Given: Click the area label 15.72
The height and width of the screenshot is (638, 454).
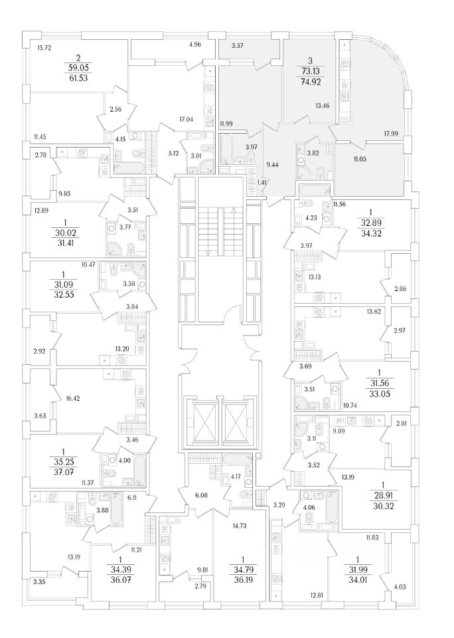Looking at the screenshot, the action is point(45,47).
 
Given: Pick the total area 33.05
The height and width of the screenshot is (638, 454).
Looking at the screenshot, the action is point(381,394).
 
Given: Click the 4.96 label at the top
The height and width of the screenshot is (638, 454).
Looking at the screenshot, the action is point(194,45).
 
